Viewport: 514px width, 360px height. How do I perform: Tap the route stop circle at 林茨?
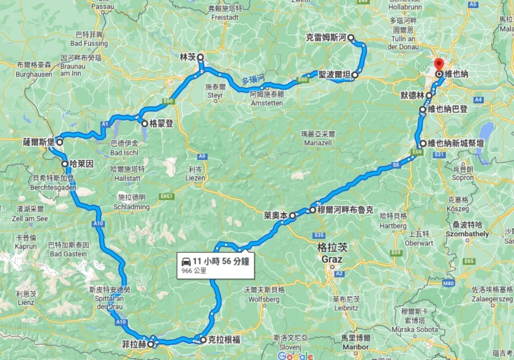coord(200,57)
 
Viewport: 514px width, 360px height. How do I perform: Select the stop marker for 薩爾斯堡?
coord(59,142)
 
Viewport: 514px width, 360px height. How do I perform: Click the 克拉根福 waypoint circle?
coord(203,340)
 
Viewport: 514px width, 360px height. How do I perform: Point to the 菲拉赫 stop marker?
coord(151,344)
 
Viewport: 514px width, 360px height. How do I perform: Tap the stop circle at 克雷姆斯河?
coord(351,38)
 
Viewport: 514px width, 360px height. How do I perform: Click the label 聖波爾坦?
coord(334,75)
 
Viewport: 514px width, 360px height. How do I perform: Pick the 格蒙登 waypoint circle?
coord(144,123)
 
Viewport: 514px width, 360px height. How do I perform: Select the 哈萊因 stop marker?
coord(65,164)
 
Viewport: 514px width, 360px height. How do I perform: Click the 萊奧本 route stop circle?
coord(292,215)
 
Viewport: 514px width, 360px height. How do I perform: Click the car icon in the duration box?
coord(186,261)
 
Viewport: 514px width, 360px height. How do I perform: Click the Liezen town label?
coord(197,178)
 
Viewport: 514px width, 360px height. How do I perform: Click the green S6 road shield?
coord(396,165)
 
